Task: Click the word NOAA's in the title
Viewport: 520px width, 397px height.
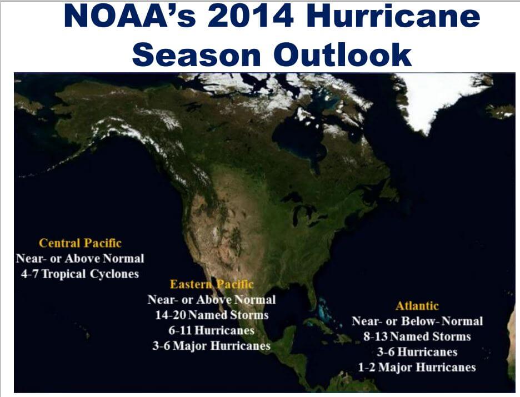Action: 129,16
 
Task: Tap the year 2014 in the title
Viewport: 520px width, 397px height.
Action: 251,16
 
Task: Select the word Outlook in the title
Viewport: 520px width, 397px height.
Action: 343,54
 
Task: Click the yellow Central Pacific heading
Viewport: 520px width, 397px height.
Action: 80,243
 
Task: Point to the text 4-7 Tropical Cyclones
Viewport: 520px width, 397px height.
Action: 80,274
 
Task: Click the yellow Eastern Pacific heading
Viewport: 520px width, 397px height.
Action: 212,284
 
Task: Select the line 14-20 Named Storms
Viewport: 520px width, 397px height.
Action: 212,315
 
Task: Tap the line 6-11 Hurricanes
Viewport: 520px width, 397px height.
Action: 212,330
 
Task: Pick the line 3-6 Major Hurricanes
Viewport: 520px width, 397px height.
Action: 212,345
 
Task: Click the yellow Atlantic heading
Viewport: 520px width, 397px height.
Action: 417,305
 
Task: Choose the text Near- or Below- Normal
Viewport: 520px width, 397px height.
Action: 417,321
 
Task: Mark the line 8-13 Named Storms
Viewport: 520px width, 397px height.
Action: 417,336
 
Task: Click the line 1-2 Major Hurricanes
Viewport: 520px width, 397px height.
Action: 417,367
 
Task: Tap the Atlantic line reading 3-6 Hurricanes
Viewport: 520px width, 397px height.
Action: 417,351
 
